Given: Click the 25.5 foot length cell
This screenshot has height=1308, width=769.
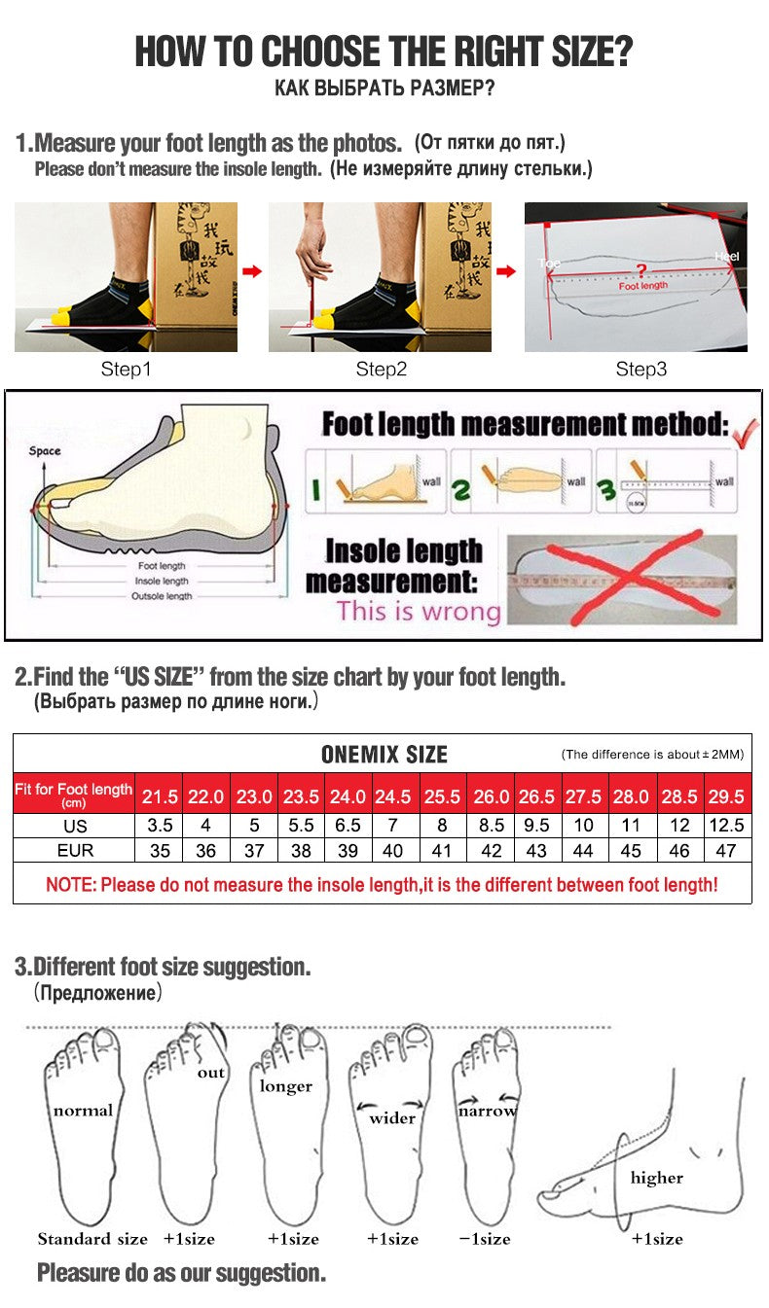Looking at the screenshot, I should (x=442, y=796).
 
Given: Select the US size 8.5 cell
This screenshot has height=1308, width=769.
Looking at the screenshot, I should (x=491, y=825).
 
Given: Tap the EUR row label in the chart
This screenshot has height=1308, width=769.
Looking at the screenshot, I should (x=74, y=850).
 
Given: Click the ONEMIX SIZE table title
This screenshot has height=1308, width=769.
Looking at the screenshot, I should (x=384, y=755).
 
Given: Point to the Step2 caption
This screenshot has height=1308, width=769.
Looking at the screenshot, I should (x=381, y=370).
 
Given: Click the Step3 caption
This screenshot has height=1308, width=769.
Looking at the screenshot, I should (x=641, y=370).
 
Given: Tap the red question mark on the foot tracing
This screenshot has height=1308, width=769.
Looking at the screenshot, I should (x=641, y=270).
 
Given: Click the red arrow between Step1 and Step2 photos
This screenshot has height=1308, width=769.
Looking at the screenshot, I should (x=252, y=271).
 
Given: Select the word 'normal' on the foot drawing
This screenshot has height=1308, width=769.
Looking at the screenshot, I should (x=83, y=1110).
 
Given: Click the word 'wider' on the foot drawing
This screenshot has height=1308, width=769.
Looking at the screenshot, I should (x=391, y=1118).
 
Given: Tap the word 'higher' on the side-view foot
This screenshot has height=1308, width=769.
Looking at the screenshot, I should (x=656, y=1178).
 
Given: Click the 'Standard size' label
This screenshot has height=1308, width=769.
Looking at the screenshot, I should (x=92, y=1238).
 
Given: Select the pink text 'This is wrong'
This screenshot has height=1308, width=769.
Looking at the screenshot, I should (x=418, y=612).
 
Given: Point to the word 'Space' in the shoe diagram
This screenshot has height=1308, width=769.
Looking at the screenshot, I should (x=45, y=450).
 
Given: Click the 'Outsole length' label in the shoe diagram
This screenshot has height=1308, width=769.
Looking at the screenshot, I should (x=162, y=595).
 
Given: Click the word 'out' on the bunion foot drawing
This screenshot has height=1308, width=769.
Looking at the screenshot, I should (x=210, y=1073).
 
